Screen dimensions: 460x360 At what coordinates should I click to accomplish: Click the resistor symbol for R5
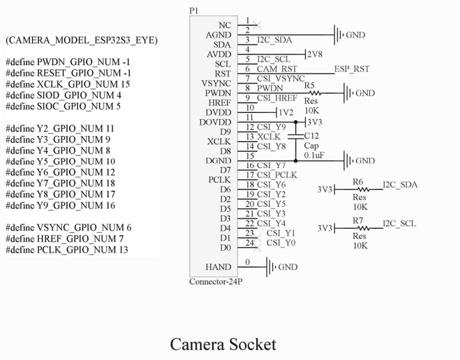pos(315,93)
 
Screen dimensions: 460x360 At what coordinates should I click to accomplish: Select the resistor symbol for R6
pos(363,189)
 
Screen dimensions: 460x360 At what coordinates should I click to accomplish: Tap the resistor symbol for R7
pos(363,228)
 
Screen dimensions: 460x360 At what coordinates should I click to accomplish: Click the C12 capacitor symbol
pos(296,137)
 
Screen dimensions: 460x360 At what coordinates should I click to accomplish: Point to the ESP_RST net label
pos(352,69)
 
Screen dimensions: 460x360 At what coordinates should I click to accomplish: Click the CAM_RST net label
pos(277,69)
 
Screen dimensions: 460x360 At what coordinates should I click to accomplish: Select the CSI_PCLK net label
pos(277,175)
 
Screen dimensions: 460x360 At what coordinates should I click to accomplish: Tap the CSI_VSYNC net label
pos(281,78)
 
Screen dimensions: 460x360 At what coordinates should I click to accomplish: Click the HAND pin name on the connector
pos(218,267)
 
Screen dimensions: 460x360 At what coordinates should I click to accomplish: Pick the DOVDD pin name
pos(215,122)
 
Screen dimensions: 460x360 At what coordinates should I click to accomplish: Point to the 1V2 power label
pos(286,112)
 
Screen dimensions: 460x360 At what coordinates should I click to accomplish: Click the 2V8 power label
pos(315,55)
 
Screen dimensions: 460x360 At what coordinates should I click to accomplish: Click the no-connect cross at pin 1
pos(257,25)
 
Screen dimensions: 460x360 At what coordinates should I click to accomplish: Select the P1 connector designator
pos(194,11)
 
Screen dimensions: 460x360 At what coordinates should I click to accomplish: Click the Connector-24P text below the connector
pos(216,282)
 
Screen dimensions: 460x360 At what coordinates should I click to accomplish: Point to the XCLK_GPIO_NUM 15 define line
pos(68,84)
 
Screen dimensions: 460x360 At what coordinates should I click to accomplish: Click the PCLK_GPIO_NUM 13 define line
pos(67,250)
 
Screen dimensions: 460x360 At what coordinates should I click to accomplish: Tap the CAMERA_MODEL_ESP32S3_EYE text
pos(81,40)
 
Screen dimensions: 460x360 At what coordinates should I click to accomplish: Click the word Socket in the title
pos(253,344)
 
